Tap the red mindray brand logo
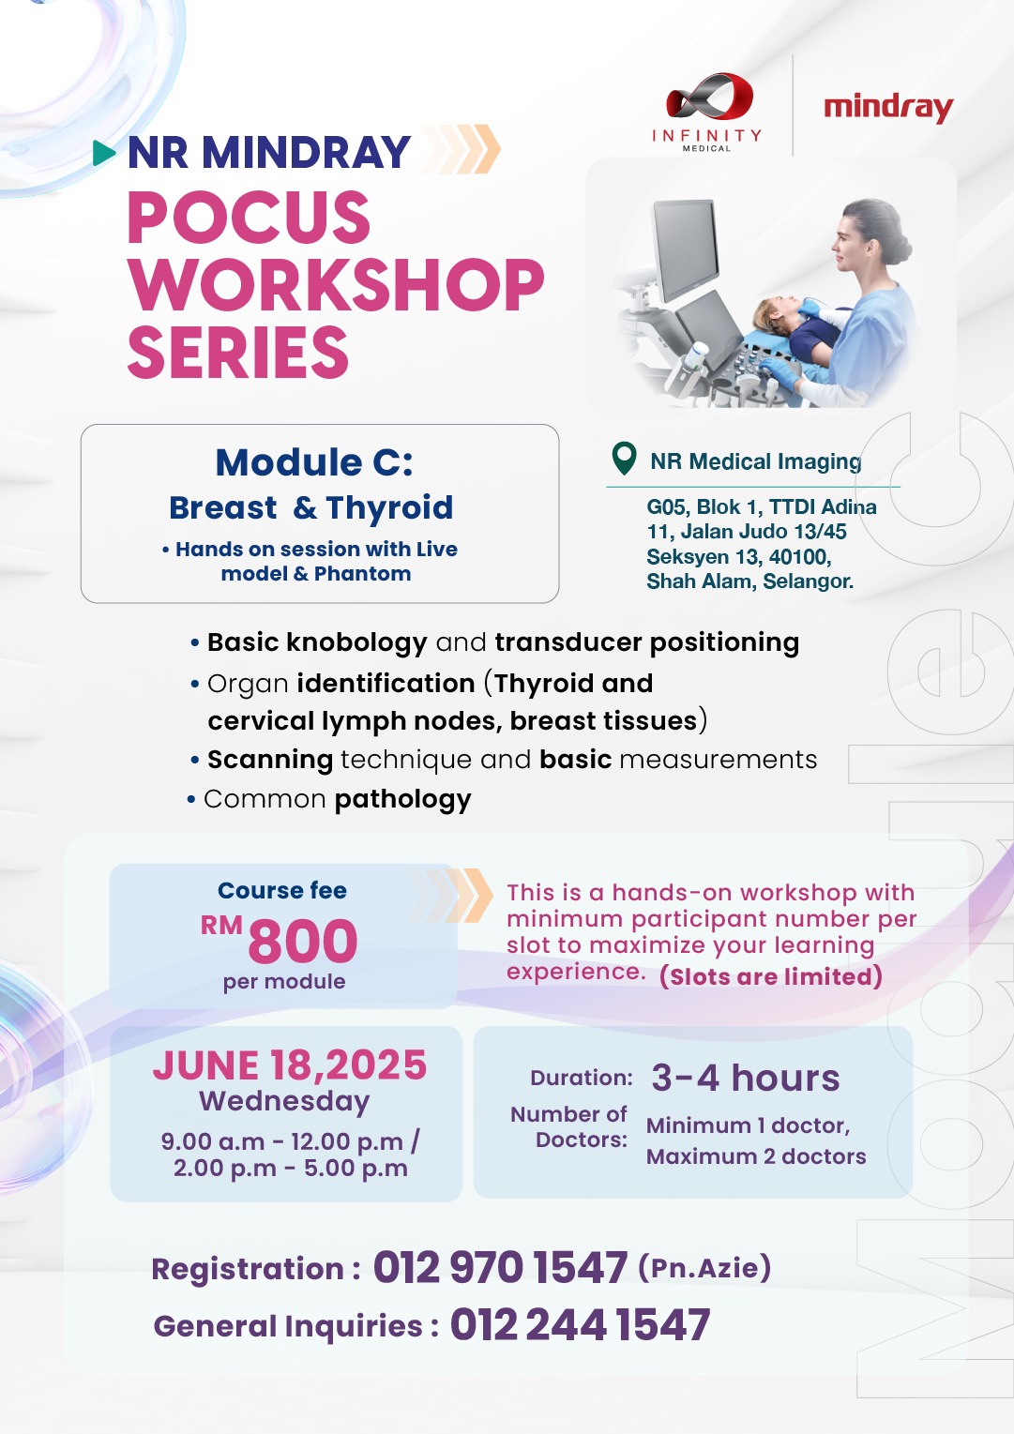click(x=888, y=109)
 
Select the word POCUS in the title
click(x=249, y=217)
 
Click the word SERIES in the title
click(x=238, y=352)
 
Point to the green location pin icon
click(x=624, y=459)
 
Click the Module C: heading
click(x=314, y=461)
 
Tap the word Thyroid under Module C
click(x=389, y=508)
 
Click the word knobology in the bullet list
click(x=356, y=643)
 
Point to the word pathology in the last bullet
click(x=402, y=800)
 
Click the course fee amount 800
click(x=303, y=941)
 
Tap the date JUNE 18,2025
click(x=289, y=1065)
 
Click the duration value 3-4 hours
click(x=746, y=1078)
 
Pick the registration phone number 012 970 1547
click(x=500, y=1268)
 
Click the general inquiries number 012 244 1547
click(x=580, y=1324)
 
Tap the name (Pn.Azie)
click(x=704, y=1268)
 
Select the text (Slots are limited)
click(x=771, y=977)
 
